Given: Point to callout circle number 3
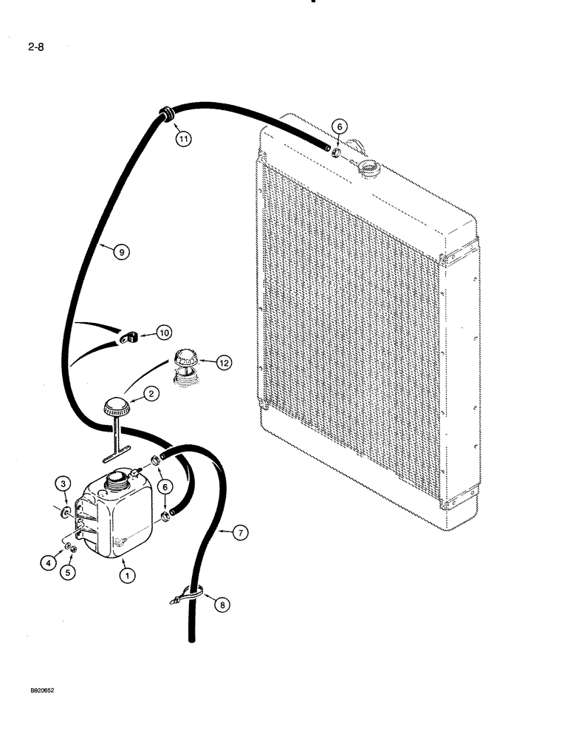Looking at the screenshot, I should pos(64,485).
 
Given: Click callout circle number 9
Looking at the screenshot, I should pos(123,252).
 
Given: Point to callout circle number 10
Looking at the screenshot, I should pos(163,333).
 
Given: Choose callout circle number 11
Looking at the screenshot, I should pos(182,137).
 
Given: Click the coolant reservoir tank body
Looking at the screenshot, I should pos(119,517).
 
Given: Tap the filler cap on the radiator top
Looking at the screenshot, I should pos(366,167).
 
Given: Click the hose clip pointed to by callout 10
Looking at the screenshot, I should pos(129,339).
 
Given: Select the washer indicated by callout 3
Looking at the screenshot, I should pos(67,511).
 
